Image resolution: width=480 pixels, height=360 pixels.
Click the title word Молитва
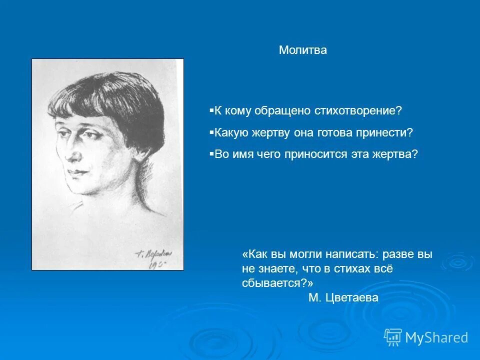[302, 50]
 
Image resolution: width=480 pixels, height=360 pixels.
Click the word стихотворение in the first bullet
[357, 110]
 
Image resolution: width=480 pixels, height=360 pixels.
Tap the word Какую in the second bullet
[229, 132]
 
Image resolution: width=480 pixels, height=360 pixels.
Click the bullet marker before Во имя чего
[211, 154]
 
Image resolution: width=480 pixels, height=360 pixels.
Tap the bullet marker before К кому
[211, 110]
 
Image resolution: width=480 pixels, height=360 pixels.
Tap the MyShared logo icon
[393, 337]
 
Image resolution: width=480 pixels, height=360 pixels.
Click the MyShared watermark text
[436, 338]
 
